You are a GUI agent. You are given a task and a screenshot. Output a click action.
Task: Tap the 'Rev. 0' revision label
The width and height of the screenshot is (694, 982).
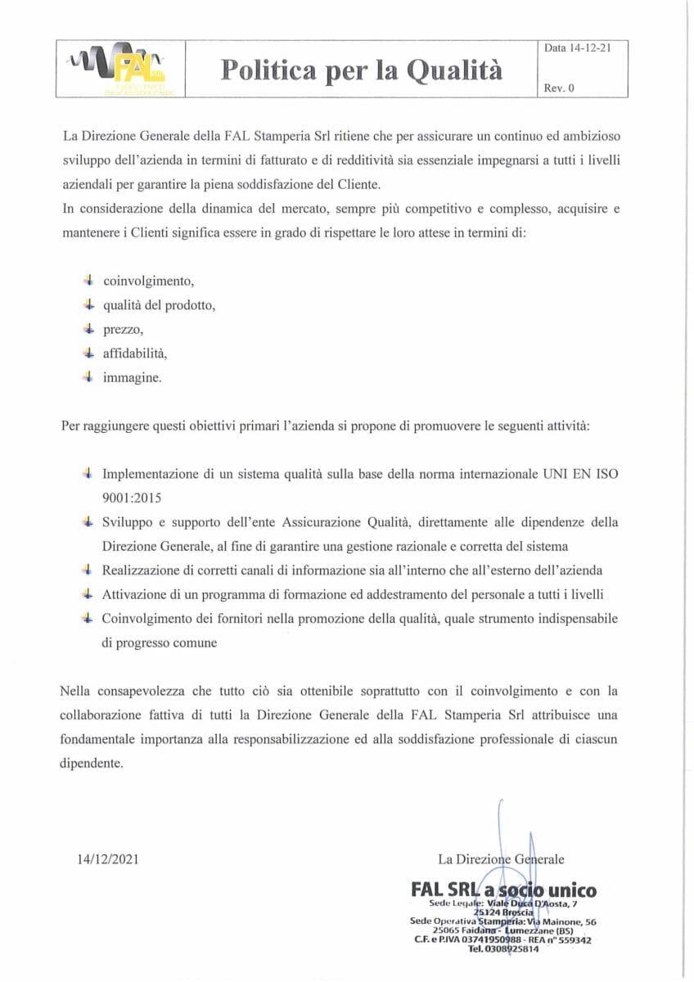(559, 88)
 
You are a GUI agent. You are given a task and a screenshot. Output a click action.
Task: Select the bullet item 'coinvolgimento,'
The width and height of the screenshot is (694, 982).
(148, 281)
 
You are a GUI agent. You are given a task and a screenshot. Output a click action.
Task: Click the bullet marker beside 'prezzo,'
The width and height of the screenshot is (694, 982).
(88, 329)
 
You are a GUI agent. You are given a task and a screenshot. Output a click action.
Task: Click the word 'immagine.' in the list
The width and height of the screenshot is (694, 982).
(133, 377)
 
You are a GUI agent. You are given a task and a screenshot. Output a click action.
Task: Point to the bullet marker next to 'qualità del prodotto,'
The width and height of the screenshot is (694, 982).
(88, 304)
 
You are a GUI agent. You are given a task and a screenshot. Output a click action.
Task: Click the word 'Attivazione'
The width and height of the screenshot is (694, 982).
(134, 594)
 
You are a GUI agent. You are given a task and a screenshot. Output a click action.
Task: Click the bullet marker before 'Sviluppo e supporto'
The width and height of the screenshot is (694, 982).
(88, 521)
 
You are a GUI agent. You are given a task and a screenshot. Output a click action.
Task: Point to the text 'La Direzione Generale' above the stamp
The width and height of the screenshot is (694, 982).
(501, 858)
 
